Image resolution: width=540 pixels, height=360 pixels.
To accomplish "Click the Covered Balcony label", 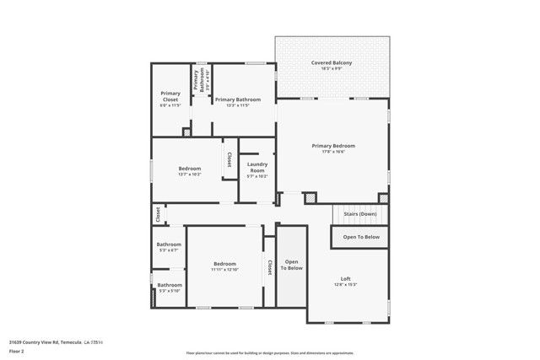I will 332,63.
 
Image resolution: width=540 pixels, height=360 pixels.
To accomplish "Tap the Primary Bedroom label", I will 333,146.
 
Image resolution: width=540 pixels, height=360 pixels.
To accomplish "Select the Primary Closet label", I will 170,96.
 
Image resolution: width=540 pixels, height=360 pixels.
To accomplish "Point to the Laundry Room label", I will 257,167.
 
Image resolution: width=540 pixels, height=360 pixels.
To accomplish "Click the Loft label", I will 345,279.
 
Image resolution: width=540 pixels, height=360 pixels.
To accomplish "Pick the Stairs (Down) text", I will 360,214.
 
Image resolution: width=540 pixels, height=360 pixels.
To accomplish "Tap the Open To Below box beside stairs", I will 360,238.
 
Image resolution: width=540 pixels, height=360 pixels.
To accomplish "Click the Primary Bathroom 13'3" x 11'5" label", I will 238,99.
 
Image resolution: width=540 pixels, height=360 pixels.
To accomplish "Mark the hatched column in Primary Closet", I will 186,132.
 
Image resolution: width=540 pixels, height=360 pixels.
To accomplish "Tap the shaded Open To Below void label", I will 292,265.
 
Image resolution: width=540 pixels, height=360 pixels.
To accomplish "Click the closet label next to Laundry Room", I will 229,159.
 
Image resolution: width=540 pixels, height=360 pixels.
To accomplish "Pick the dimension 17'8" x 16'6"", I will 333,153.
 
